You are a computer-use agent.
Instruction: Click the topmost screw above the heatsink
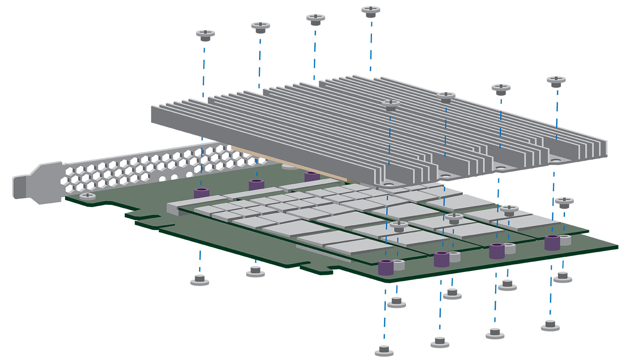tap(371, 11)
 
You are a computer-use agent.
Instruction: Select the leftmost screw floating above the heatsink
tap(205, 35)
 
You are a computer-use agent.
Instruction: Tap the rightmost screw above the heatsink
tap(556, 81)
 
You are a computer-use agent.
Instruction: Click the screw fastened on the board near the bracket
tap(88, 196)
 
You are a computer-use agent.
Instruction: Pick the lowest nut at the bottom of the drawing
tap(384, 350)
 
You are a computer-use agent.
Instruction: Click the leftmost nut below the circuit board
tap(200, 280)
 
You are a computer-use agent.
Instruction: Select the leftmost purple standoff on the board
tap(202, 193)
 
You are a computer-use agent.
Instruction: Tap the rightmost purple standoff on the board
tap(552, 242)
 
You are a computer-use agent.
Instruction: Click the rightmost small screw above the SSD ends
tap(564, 203)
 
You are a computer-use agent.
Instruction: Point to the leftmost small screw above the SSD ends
tap(399, 226)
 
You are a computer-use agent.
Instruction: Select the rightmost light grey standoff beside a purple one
tap(565, 240)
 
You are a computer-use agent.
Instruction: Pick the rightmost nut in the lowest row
tap(550, 325)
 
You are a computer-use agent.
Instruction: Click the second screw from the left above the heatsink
tap(260, 27)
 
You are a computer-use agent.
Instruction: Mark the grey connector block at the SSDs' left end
tap(173, 208)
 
